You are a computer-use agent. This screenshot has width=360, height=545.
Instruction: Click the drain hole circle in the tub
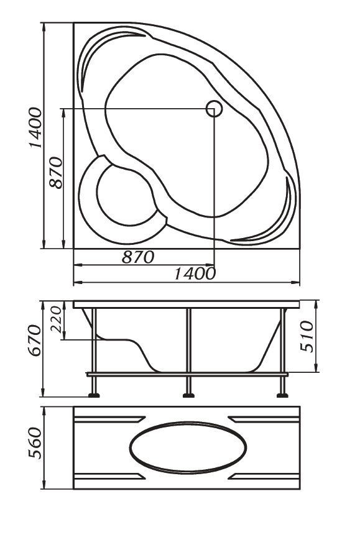point(214,109)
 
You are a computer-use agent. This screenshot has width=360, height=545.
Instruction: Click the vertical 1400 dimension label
point(35,127)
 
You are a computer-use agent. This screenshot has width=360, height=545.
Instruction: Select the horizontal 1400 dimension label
point(195,273)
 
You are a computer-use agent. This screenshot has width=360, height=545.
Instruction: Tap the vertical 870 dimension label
point(56,173)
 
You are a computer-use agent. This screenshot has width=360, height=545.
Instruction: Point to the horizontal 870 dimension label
point(138,257)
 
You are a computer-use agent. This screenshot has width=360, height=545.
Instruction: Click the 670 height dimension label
point(35,341)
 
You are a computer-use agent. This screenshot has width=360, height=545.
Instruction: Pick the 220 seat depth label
point(56,319)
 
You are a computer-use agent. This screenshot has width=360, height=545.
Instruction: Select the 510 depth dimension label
point(307,336)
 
